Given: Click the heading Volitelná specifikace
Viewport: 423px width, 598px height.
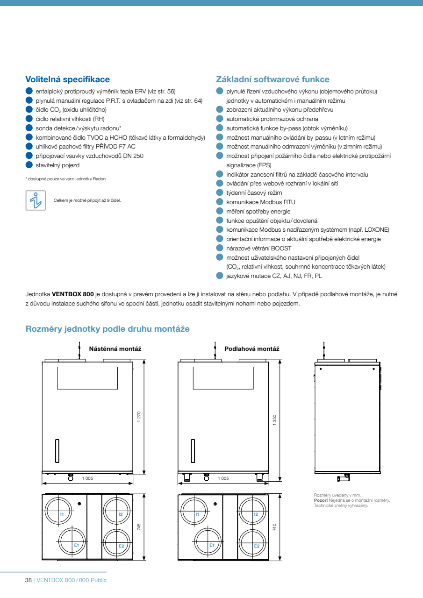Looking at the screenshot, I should tap(67, 79).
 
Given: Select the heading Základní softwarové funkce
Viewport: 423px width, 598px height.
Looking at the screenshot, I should tap(272, 79).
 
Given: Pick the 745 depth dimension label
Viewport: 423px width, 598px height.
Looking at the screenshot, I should tap(139, 527).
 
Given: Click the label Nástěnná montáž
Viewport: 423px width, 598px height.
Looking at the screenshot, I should tap(115, 349).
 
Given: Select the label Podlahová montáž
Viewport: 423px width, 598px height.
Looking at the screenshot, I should tap(251, 349).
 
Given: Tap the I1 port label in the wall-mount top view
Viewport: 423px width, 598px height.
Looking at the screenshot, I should tap(62, 514).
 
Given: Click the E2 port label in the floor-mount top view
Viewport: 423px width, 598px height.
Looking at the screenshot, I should tap(257, 546).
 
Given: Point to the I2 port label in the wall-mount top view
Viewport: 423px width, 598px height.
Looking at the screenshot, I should tap(120, 514).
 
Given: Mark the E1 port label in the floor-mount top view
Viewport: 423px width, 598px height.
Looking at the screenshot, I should tap(211, 545).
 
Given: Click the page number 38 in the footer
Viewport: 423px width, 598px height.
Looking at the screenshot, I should tap(28, 580).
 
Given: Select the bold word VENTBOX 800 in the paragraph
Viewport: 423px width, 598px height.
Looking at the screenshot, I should tap(73, 295).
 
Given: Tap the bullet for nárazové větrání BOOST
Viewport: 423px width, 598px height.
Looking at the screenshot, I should tap(220, 248).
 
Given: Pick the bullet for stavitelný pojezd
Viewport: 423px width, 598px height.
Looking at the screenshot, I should tap(29, 164).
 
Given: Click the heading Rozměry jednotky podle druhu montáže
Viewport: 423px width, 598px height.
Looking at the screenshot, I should tap(108, 329).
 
